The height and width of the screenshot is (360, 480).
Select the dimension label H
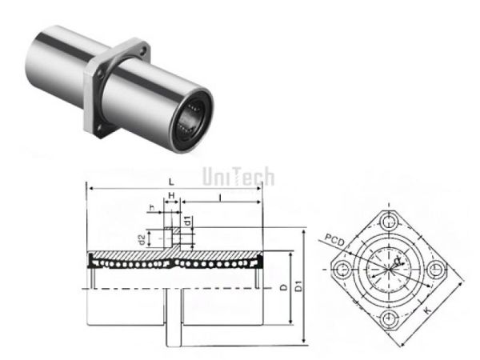[x=171, y=196]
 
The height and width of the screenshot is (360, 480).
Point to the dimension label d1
[x=186, y=220]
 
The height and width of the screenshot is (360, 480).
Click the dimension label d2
[x=141, y=239]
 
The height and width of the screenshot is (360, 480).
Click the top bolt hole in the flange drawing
[x=391, y=220]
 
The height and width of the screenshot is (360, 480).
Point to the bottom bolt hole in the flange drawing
[x=391, y=316]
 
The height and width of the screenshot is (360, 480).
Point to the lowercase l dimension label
[x=218, y=196]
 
